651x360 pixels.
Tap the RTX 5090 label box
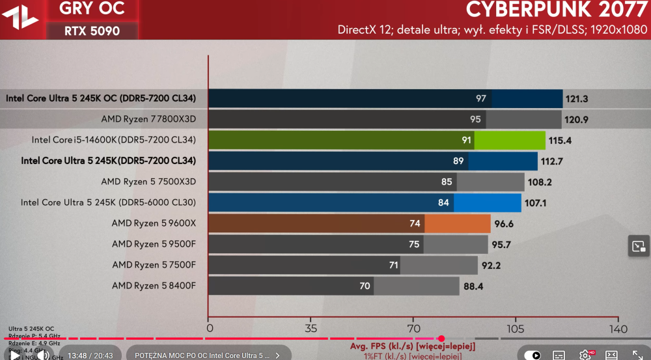click(x=91, y=31)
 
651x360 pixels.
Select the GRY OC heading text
click(x=91, y=9)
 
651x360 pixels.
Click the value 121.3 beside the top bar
click(x=577, y=99)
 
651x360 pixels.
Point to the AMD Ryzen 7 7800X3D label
click(x=148, y=119)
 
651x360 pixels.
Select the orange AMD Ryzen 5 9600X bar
click(x=349, y=223)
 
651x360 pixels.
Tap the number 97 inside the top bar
click(x=481, y=99)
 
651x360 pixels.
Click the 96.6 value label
click(x=505, y=223)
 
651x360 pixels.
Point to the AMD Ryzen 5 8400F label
click(x=154, y=286)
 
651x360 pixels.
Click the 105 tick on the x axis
click(x=515, y=328)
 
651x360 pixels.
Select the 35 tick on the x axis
click(x=311, y=328)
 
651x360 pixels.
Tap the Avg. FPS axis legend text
click(x=412, y=345)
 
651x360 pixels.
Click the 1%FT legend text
click(x=413, y=355)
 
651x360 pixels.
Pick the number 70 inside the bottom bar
click(x=365, y=286)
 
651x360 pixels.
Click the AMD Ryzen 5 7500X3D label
click(x=148, y=182)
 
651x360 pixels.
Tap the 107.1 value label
click(x=535, y=202)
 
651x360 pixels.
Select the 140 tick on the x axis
click(x=618, y=328)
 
